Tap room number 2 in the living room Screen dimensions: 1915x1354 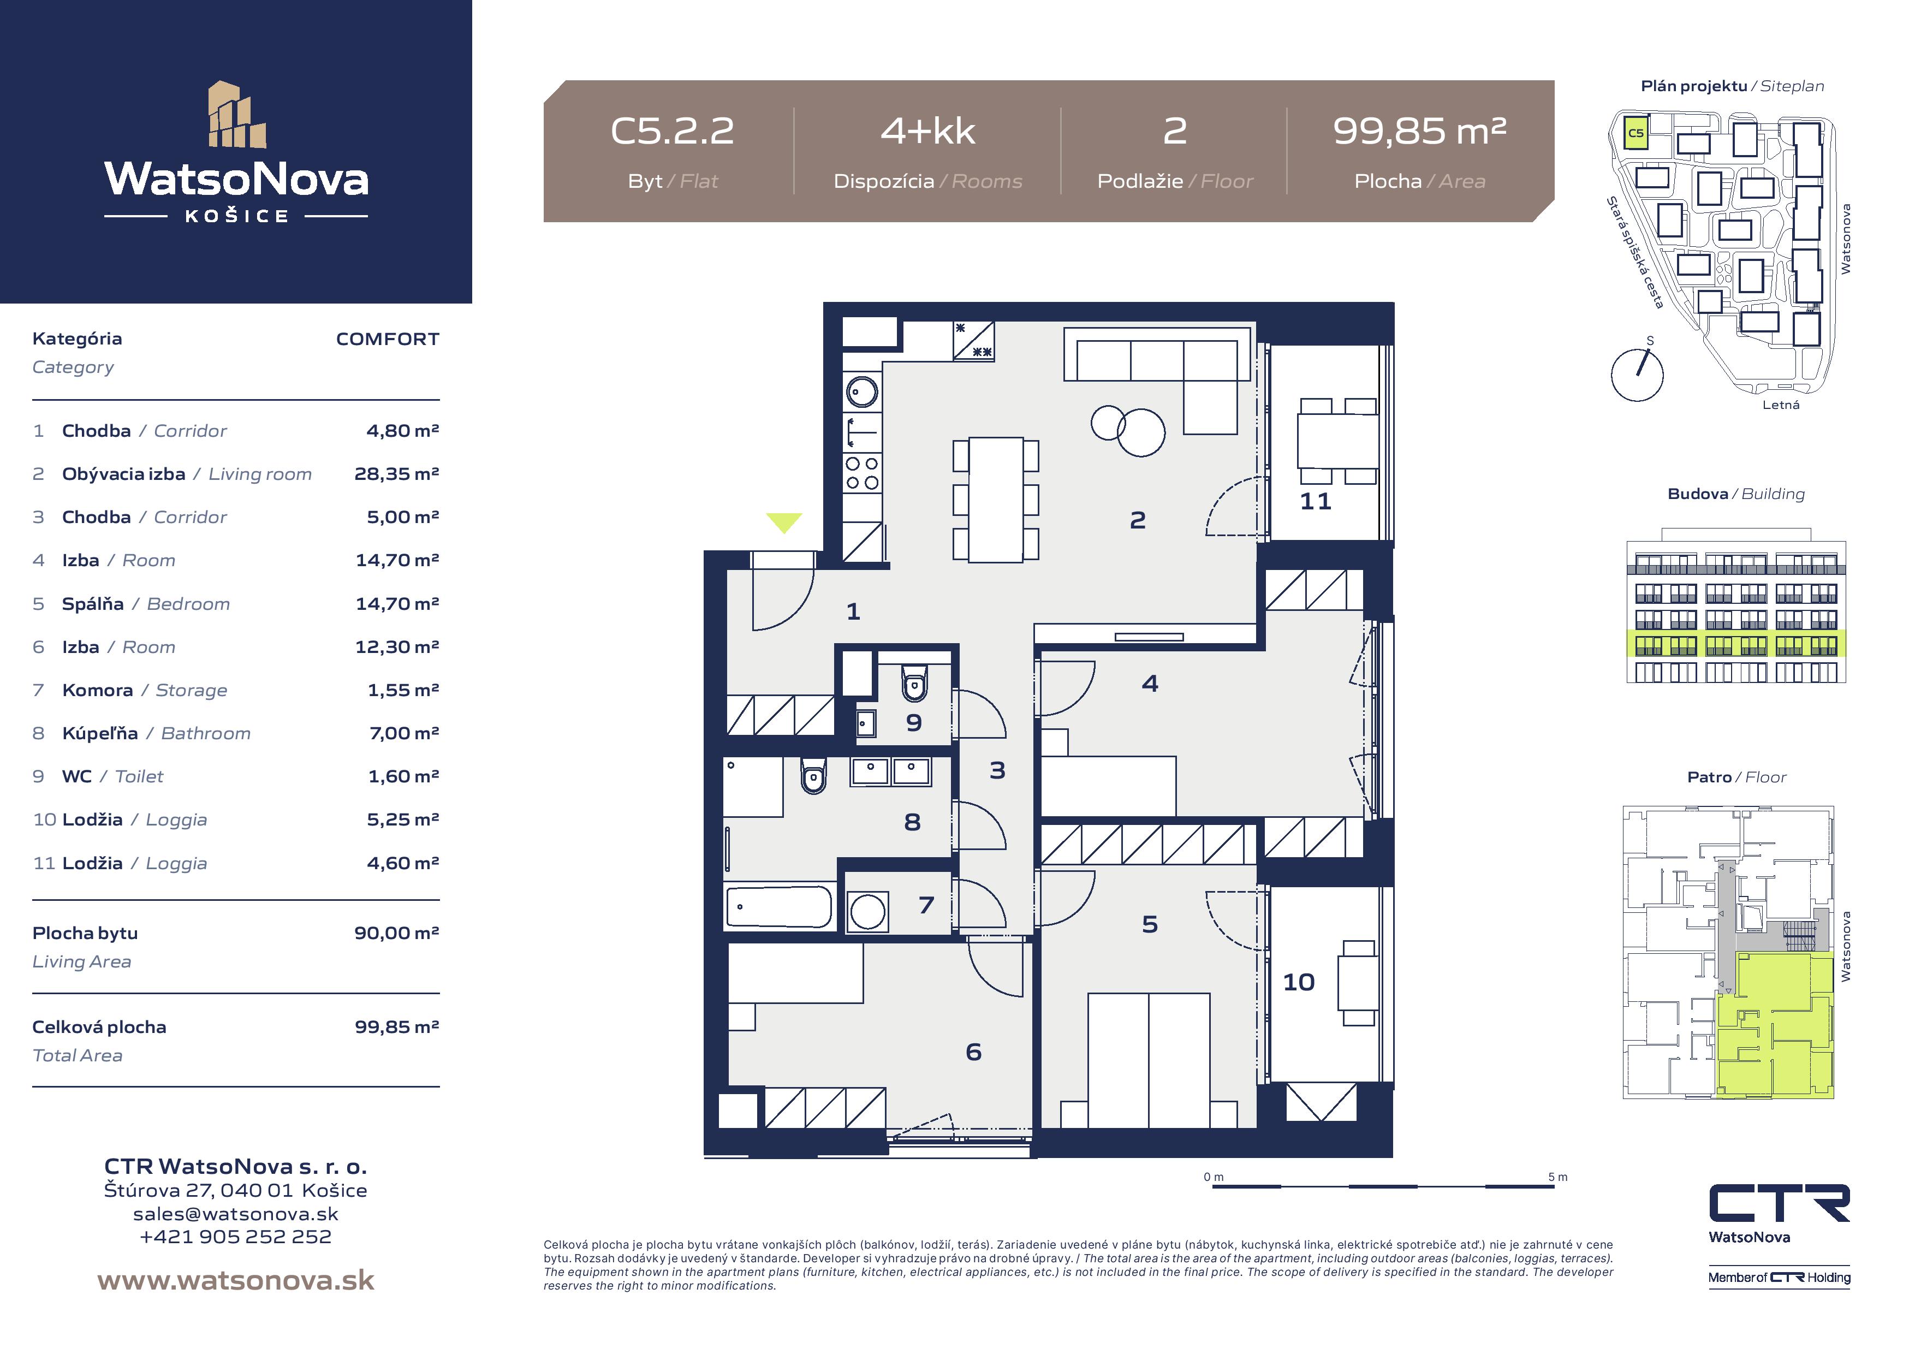click(1138, 520)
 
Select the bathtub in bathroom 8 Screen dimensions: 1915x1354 click(779, 907)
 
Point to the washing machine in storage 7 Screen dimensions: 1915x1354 click(867, 911)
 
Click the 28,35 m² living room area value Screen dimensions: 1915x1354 click(396, 474)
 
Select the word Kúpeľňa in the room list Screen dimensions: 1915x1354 click(100, 733)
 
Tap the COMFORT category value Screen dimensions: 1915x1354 click(388, 339)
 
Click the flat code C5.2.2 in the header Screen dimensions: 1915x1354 click(672, 131)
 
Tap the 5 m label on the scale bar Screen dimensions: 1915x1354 click(1557, 1177)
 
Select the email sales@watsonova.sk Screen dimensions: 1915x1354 click(236, 1214)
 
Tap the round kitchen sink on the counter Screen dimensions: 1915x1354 click(863, 390)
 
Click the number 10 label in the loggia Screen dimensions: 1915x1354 click(1299, 982)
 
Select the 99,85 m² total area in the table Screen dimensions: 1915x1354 click(396, 1027)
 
